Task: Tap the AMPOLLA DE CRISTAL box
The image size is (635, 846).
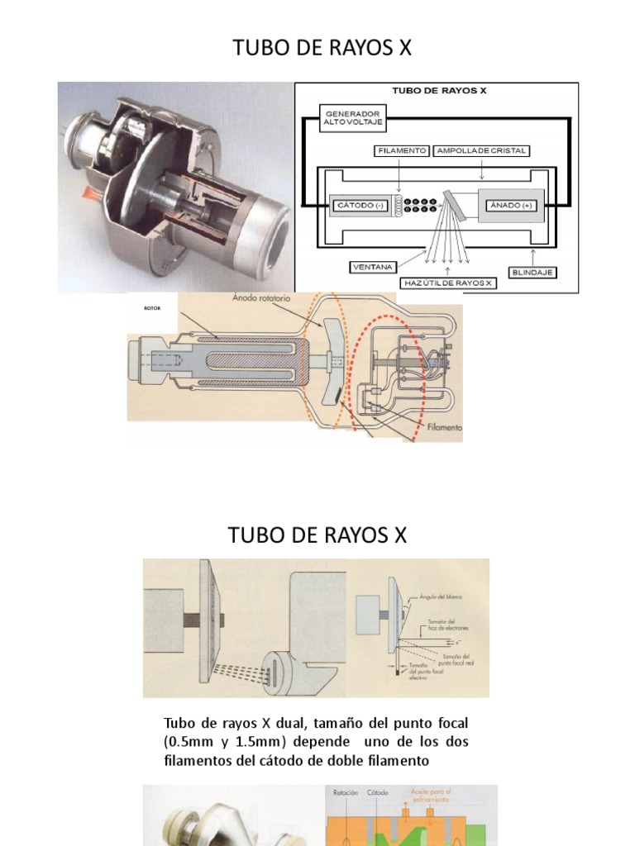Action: pos(481,151)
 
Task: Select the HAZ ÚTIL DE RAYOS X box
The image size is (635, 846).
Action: pos(448,283)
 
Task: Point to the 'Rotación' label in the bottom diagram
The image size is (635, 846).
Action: pos(345,792)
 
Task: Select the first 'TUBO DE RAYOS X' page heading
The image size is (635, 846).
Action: pos(317,49)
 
